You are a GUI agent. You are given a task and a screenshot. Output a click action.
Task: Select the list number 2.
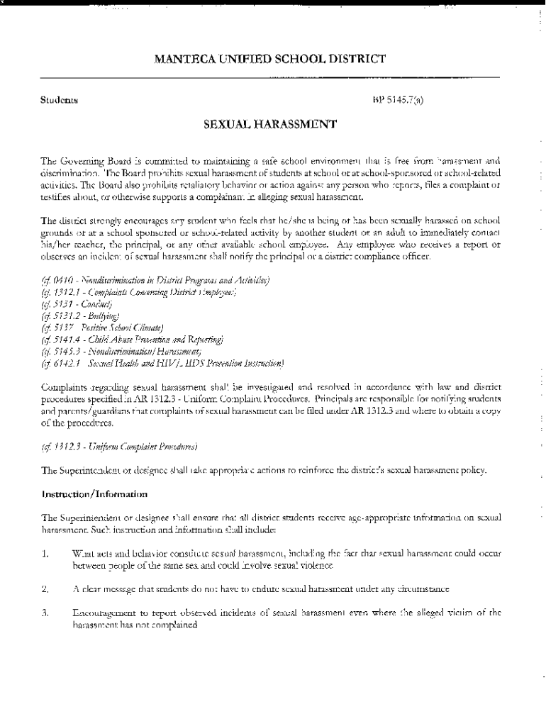[44, 589]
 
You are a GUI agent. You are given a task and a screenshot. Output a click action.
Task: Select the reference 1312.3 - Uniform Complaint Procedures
[119, 447]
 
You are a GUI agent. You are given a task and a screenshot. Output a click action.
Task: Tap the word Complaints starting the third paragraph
[65, 387]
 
